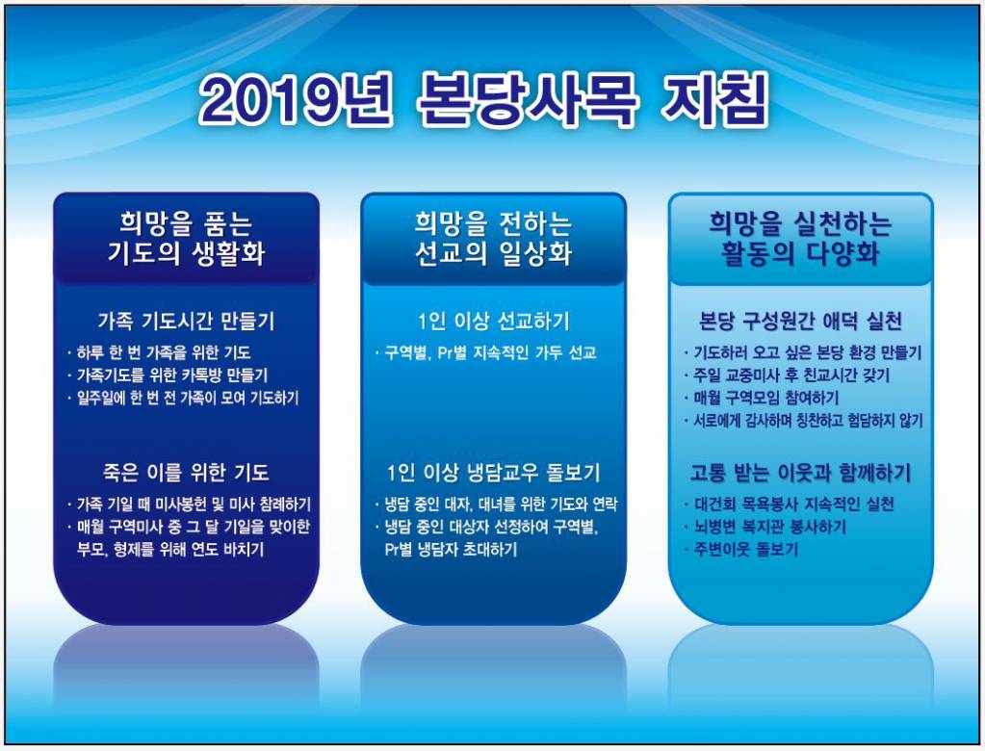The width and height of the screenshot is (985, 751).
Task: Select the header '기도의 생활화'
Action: tap(186, 254)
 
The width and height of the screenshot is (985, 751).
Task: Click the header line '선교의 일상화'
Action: tap(493, 254)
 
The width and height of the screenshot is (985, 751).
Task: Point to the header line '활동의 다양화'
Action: tap(800, 254)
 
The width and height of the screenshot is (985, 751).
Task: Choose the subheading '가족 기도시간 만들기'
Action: tap(186, 321)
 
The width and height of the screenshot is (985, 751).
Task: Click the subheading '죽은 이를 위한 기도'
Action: tap(186, 473)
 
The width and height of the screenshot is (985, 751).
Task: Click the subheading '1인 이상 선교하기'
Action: tap(493, 321)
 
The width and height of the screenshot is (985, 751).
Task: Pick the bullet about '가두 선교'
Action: tap(489, 352)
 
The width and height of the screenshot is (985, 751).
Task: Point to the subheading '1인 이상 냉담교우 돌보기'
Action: tap(493, 473)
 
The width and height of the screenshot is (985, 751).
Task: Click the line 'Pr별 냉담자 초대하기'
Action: tap(449, 550)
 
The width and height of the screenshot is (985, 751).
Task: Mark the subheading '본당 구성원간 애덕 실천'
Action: tap(800, 321)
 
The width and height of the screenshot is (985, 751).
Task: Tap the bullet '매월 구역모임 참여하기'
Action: tap(765, 398)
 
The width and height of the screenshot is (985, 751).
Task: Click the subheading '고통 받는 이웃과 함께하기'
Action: tap(800, 473)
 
